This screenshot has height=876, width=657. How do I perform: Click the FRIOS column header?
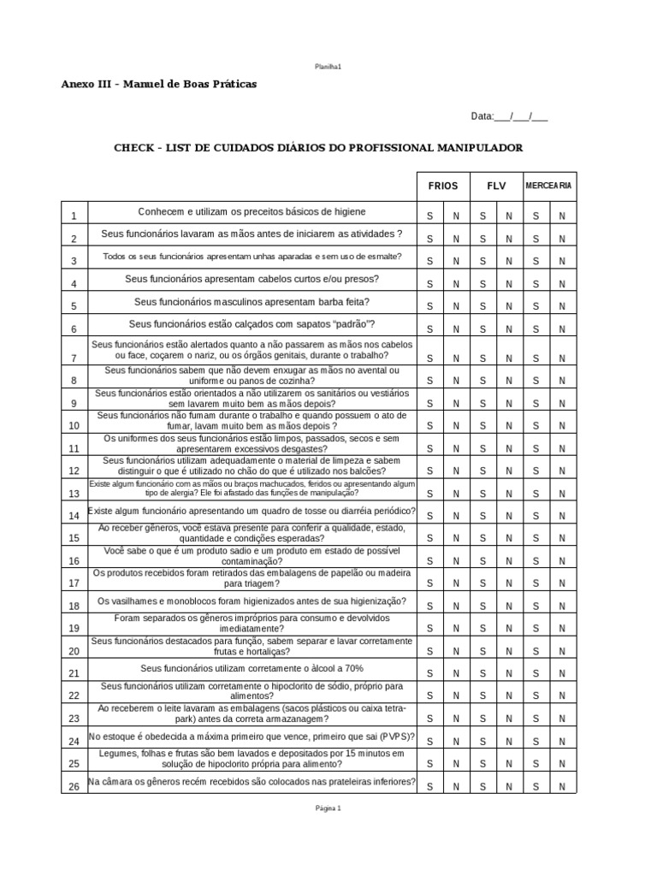443,186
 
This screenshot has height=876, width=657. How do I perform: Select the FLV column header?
496,186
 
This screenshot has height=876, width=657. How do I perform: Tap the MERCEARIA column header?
548,186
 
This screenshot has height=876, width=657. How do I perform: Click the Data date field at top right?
509,117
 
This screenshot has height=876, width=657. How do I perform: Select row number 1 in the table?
74,216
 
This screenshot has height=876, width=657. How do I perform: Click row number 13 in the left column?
74,493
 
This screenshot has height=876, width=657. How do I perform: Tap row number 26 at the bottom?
74,786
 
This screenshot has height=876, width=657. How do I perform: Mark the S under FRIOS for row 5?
430,306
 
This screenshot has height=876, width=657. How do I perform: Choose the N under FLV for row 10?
509,425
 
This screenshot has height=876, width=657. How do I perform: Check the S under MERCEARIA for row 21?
536,673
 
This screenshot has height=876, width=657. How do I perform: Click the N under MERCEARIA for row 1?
562,216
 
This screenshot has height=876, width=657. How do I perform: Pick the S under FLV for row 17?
482,583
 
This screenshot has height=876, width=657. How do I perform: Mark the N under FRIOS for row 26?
456,786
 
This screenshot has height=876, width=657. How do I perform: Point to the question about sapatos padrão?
252,323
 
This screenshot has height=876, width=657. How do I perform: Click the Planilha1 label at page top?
328,67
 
